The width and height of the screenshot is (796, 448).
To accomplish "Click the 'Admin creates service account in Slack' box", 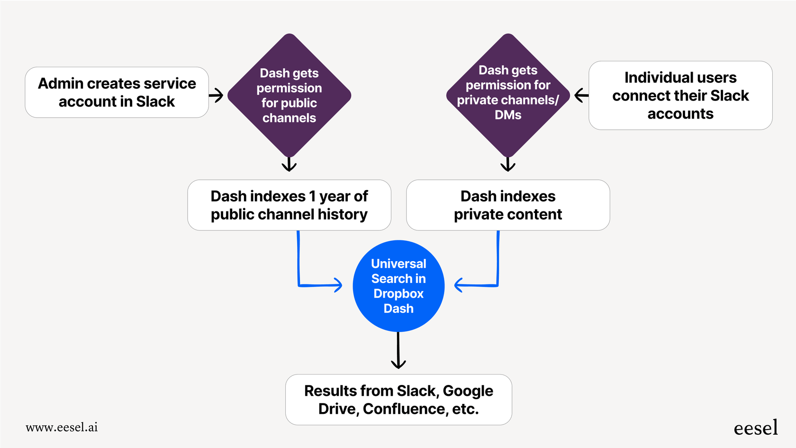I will pos(117,92).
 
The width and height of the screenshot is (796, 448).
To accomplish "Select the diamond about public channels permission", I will pos(289,95).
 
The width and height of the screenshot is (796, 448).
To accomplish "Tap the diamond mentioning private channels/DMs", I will pos(508,95).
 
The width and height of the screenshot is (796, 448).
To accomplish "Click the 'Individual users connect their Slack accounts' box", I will pos(680,95).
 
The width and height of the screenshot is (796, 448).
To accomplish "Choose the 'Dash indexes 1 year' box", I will pos(289,205).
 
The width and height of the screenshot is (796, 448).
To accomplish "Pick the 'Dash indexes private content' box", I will pos(508,205).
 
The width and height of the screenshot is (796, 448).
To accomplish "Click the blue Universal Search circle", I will pos(398,286).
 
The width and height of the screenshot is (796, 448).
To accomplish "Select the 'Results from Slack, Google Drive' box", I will pos(398,400).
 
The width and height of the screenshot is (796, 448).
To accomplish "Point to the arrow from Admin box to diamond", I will pos(217,95).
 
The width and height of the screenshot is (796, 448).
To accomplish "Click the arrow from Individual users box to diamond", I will pos(581,95).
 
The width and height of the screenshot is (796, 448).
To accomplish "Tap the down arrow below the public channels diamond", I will pos(289,165).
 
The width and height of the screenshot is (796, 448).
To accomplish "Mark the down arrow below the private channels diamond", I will pos(508,165).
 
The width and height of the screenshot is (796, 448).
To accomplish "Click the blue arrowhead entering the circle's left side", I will pos(337,285).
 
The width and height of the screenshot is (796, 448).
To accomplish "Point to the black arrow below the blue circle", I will pos(398,351).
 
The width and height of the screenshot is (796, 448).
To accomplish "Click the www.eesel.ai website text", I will pos(62,427).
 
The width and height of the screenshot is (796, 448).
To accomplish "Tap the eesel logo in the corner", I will pos(755,428).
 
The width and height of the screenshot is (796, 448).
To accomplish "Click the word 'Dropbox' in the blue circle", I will pos(398,293).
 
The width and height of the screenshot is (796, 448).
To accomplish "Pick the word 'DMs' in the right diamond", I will pos(508,115).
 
